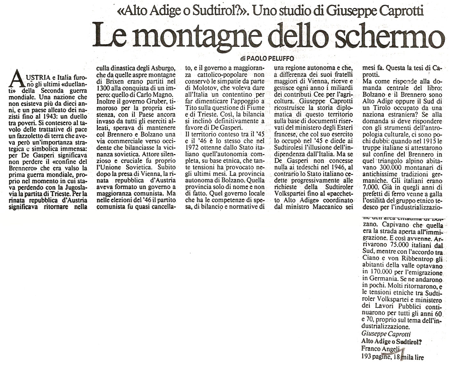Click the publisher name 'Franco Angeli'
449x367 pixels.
point(380,349)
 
